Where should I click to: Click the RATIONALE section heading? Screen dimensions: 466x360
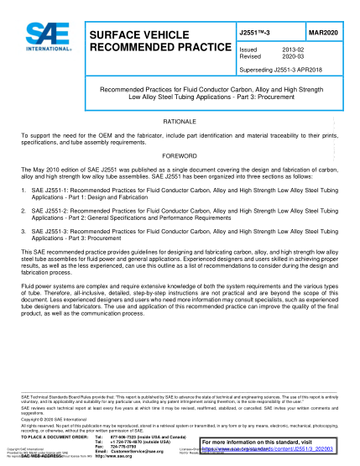(x=180, y=122)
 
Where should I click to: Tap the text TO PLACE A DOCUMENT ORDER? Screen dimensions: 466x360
(x=51, y=437)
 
